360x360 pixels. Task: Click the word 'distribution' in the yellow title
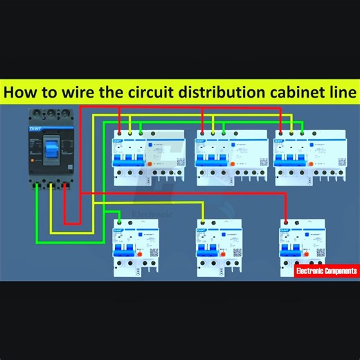pos(213,92)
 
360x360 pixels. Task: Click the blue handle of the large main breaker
pos(51,147)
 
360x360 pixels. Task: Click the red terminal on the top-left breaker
pos(120,132)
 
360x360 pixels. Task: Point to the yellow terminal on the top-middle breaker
pos(211,132)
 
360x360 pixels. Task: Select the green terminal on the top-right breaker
pos(302,132)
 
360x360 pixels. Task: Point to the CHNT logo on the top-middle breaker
pos(201,141)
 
